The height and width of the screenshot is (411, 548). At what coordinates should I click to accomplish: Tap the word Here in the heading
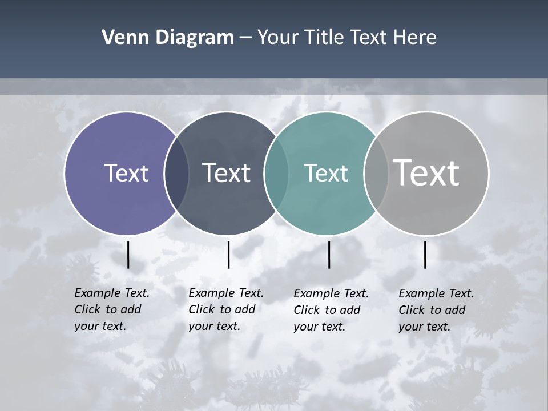(414, 38)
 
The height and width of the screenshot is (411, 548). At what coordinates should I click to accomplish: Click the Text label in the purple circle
(126, 173)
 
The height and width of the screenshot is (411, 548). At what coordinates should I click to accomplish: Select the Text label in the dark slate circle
(226, 173)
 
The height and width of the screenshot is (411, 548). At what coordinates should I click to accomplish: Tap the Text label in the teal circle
(326, 173)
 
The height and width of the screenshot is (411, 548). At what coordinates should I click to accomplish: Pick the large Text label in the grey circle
(426, 172)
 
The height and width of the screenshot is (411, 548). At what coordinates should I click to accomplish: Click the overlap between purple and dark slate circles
(176, 174)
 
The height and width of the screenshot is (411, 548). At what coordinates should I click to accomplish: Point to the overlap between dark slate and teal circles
(276, 174)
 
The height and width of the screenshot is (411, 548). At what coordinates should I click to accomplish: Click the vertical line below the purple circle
(128, 255)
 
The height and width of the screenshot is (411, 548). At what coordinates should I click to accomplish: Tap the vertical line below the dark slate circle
(228, 255)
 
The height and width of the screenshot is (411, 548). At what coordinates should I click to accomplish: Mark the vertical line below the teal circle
(329, 255)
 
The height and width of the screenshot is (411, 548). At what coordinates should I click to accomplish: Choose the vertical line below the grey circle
(425, 255)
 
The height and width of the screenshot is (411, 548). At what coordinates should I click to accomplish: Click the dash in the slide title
(245, 38)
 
